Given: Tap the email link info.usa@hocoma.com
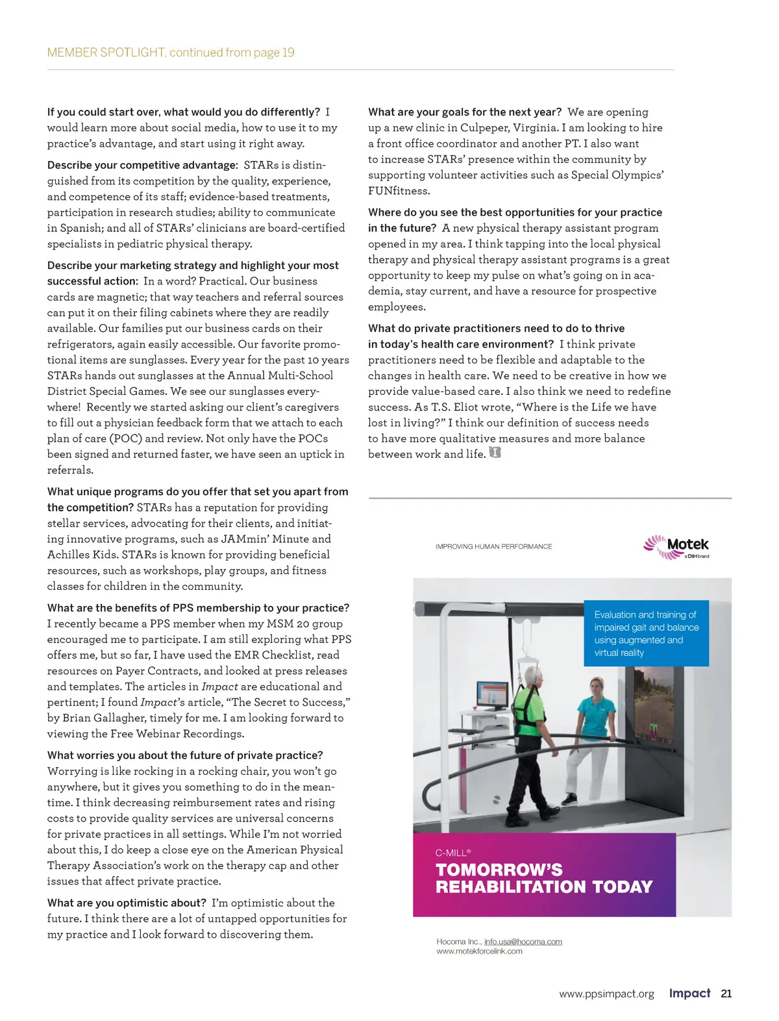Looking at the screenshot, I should pos(523,941).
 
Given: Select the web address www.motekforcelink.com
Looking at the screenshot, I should pos(479,952).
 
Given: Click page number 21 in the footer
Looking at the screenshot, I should pos(726,993).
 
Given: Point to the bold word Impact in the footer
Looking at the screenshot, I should pos(689,993).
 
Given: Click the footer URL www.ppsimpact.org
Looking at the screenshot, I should pos(606,994).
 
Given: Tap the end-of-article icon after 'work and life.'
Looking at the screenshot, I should pos(495,453).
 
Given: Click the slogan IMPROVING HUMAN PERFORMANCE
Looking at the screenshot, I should pos(493,547).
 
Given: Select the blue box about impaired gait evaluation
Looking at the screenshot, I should pos(646,633).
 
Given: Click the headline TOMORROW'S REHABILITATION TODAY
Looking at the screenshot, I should pos(543,878).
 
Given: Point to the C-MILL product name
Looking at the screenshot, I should pos(452,853).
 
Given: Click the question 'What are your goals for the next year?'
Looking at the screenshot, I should pos(465,112).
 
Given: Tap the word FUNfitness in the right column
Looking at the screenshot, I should pos(399,191).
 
